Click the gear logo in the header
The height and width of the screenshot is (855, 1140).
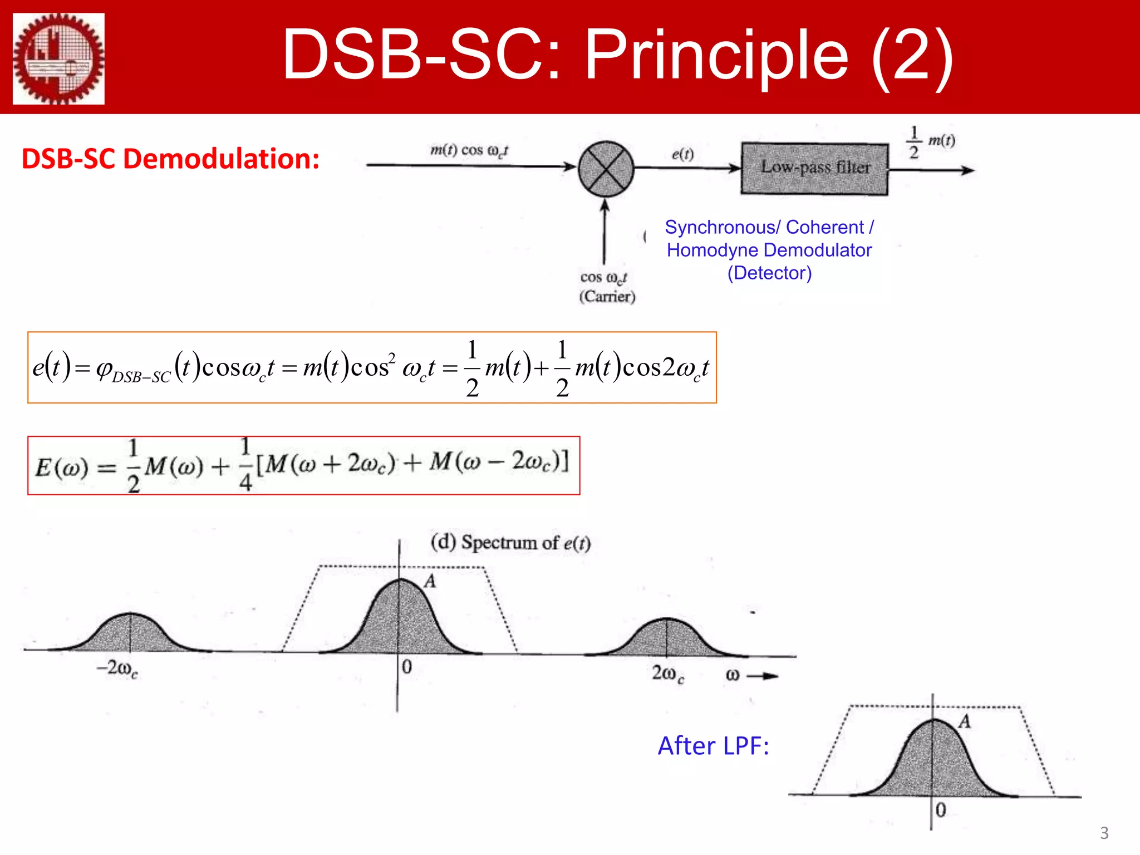[58, 58]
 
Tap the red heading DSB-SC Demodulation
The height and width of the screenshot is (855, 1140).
[170, 159]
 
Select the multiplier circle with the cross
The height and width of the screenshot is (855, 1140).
[606, 169]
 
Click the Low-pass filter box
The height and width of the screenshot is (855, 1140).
[814, 169]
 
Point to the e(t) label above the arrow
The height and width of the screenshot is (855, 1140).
[682, 154]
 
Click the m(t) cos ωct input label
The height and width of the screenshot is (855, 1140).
[469, 150]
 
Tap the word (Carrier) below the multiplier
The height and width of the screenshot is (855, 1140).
[607, 296]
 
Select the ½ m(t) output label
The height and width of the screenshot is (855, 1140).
[931, 142]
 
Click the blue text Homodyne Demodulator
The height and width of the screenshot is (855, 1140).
[769, 250]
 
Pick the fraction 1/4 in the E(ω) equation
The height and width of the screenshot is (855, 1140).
[245, 464]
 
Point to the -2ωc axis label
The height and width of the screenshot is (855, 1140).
[117, 669]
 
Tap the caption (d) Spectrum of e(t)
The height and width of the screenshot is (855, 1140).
[510, 542]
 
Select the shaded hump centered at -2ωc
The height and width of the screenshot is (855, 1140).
[130, 635]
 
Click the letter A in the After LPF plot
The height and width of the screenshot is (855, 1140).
[964, 722]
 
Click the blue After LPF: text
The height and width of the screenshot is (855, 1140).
[713, 746]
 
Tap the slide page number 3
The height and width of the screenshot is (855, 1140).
[1104, 833]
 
